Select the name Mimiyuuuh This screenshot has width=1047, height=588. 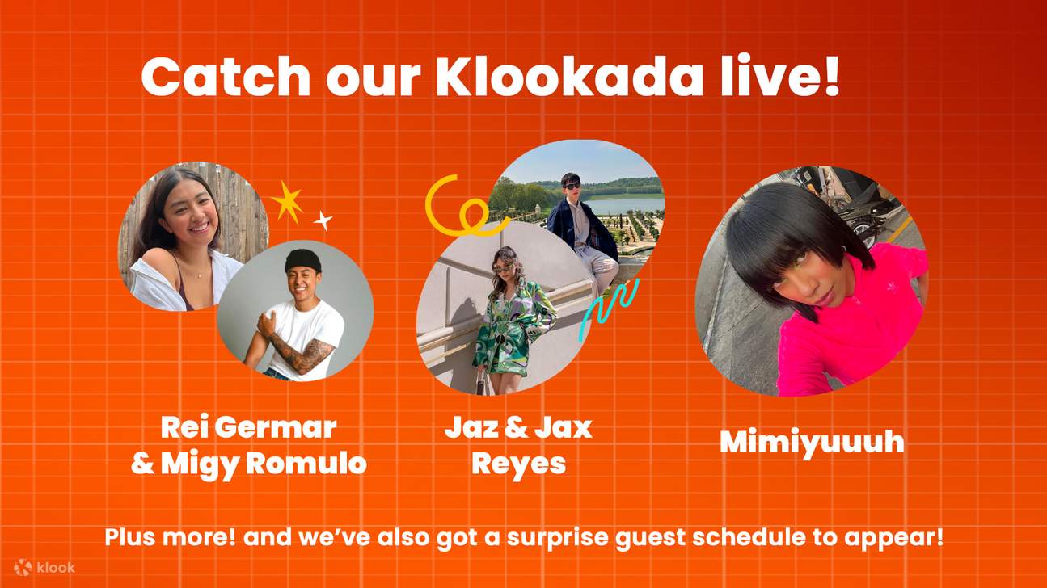coord(811,442)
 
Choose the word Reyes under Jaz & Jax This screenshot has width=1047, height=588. coord(518,464)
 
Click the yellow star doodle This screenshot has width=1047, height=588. coord(286,201)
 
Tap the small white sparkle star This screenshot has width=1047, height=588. coord(323,220)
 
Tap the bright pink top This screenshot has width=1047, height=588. coord(849,323)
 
